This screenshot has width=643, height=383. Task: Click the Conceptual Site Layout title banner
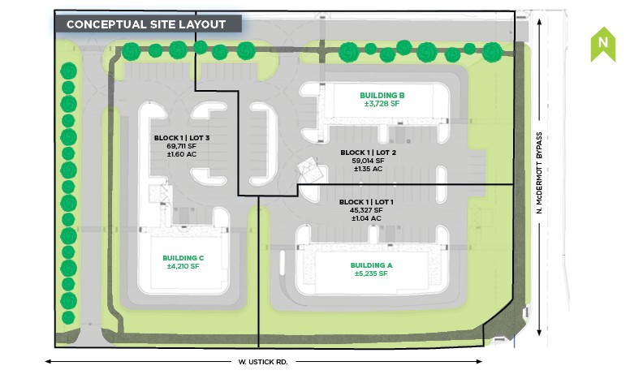coord(148,24)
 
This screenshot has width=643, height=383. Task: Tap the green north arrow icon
coord(602,45)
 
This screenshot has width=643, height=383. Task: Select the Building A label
coord(371,265)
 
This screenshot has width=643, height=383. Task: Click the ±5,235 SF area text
coord(371,273)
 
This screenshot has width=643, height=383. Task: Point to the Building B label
coord(382,96)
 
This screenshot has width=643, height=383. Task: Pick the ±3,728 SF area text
coord(382,104)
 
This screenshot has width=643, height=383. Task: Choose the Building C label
coord(183,258)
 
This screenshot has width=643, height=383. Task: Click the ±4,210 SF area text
coord(183,266)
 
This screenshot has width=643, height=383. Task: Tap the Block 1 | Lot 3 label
coord(182,138)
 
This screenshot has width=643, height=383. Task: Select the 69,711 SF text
coord(182,146)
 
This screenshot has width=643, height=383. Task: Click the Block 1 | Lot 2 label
coord(369,153)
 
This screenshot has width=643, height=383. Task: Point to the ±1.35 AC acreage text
coord(369,169)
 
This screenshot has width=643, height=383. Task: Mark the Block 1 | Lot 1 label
coord(366,202)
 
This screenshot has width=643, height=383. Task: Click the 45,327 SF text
coord(366,210)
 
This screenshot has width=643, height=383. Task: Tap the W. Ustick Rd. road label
coord(263,362)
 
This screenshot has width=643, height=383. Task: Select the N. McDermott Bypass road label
coord(539,173)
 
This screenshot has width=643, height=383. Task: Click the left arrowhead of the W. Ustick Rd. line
coord(48,361)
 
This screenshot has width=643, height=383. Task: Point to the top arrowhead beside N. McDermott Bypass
coord(539,22)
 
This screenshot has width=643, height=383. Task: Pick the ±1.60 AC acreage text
coord(182,154)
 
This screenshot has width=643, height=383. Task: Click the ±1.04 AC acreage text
coord(366,218)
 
